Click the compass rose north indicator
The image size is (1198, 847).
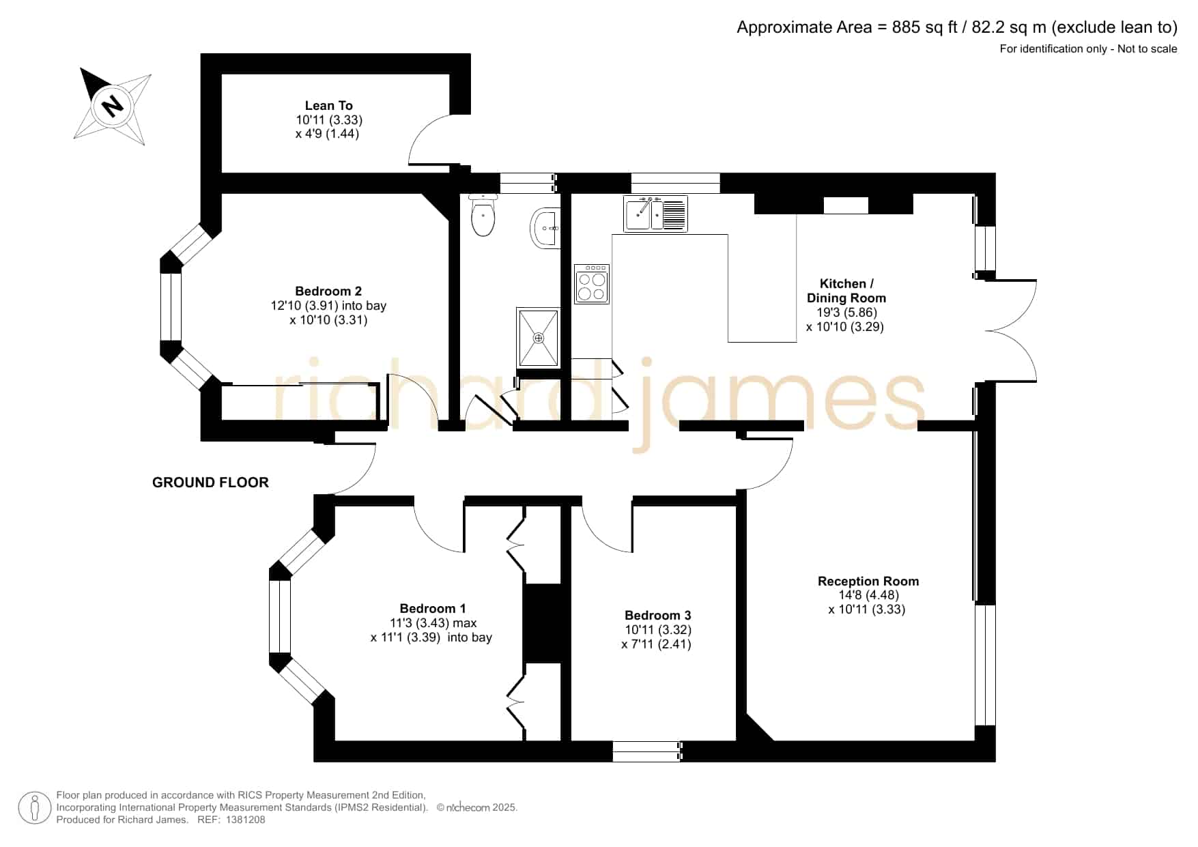click(x=112, y=106)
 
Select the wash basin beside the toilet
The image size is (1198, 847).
click(x=545, y=227)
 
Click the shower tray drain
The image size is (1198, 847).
click(x=539, y=338)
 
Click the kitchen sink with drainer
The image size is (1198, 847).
click(x=655, y=214)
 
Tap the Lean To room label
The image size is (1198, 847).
click(x=328, y=105)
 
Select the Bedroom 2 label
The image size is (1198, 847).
click(x=328, y=291)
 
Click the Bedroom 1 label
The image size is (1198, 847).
click(x=433, y=608)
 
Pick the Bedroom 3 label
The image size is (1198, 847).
click(x=657, y=615)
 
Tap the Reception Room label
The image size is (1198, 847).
click(x=868, y=581)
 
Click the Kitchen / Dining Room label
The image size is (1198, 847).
click(x=846, y=291)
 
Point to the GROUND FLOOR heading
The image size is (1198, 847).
click(x=210, y=483)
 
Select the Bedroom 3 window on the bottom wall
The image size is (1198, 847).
click(x=647, y=751)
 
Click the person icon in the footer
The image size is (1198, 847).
click(x=34, y=808)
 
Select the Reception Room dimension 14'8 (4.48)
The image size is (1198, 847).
click(x=868, y=595)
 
